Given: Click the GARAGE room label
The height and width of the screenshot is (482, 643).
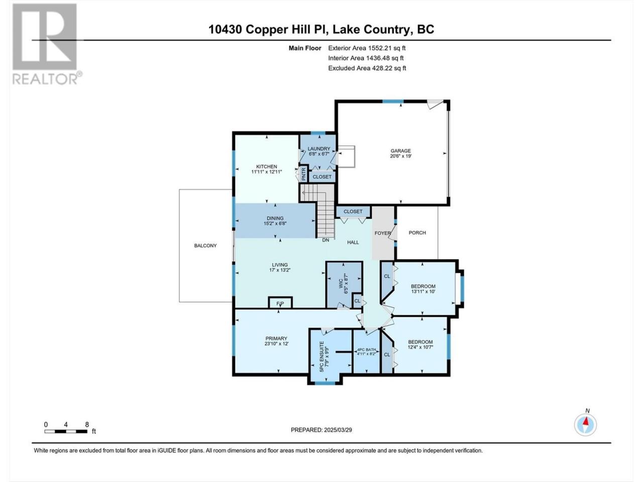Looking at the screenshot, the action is point(400,151).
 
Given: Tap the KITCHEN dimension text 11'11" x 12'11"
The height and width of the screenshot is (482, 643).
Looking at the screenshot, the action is point(267,172).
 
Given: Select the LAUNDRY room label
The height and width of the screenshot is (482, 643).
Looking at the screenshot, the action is point(318,149).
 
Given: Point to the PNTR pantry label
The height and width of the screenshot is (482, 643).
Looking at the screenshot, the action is point(303,174).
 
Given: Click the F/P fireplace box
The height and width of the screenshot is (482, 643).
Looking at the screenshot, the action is point(280,303).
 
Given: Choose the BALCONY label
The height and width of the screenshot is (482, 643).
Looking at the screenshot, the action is point(205,246).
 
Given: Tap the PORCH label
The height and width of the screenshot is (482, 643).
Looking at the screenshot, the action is point(417,232).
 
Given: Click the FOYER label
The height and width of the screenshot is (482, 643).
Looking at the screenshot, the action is point(383,233).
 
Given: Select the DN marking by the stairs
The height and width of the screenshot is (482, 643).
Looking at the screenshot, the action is point(326,240).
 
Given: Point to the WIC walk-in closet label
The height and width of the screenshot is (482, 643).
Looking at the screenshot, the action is point(341,284).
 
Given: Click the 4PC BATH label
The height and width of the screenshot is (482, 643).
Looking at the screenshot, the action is point(367,350).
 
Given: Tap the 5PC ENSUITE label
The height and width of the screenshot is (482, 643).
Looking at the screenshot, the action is point(321,356).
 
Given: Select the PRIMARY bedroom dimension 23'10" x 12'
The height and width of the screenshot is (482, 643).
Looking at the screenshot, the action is point(276,344).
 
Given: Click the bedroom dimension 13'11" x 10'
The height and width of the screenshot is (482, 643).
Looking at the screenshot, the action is point(423,292).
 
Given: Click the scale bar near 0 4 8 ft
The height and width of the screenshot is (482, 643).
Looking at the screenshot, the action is point(66,431).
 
